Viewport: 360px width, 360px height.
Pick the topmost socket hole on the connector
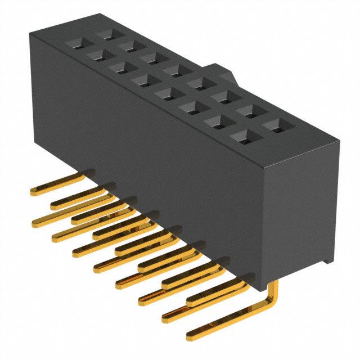(x=105, y=34)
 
